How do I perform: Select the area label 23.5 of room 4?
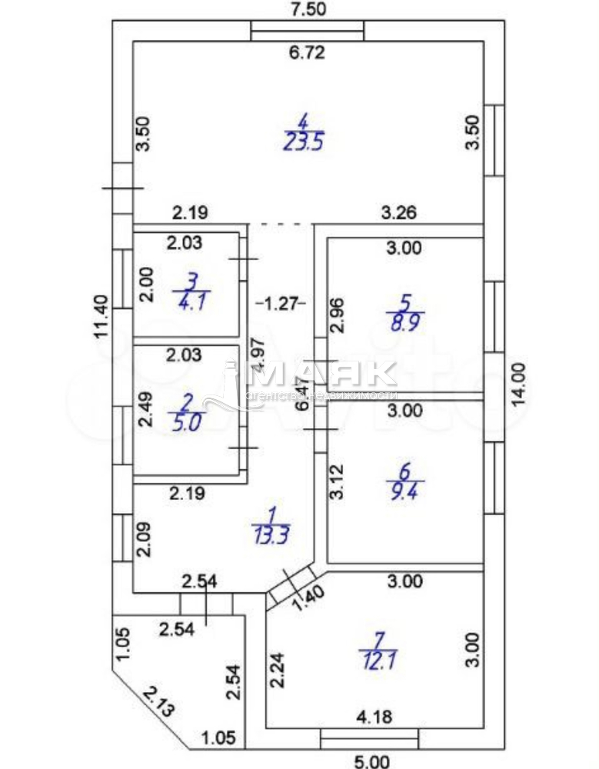pyautogui.click(x=303, y=141)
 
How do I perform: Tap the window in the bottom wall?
pyautogui.click(x=370, y=739)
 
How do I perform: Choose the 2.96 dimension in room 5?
pyautogui.click(x=337, y=315)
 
